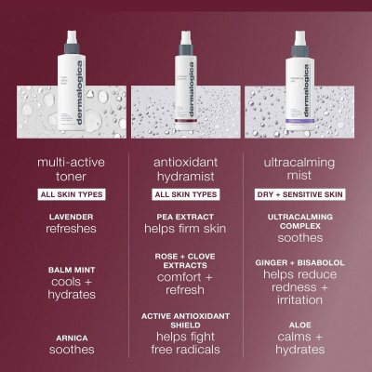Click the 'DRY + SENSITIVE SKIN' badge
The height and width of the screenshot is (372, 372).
[x=299, y=194]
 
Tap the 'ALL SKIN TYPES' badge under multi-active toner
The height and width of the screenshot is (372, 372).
[x=73, y=194]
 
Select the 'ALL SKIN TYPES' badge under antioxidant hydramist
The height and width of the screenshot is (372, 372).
[x=186, y=194]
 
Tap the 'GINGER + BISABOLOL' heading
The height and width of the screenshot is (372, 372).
[x=299, y=263]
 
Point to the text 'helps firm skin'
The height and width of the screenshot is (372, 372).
[x=186, y=230]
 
